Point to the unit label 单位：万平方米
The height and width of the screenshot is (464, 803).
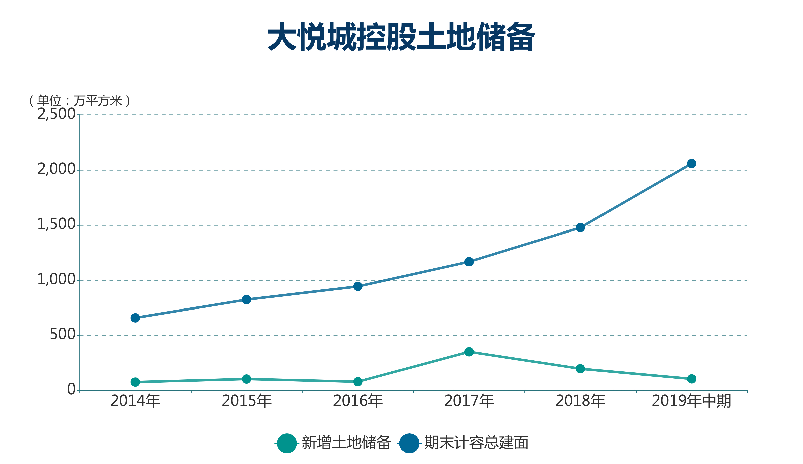(x=80, y=101)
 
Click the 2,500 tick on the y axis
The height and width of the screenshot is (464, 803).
(x=56, y=114)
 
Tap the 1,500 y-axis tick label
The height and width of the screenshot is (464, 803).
(x=56, y=224)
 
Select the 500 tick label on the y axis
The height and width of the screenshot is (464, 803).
(x=62, y=334)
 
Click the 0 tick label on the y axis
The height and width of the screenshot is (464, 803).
(x=71, y=389)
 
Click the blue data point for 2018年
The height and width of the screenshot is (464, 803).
(x=580, y=227)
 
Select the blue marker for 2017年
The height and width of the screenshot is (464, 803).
(x=469, y=262)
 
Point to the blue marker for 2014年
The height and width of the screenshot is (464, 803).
(x=135, y=318)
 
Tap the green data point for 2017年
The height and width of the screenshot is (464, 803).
(x=469, y=352)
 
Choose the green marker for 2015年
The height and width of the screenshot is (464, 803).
(x=246, y=379)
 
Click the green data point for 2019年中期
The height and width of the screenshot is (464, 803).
(x=692, y=379)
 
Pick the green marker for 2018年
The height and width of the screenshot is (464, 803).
(x=580, y=369)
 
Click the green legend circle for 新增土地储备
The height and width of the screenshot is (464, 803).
(x=287, y=443)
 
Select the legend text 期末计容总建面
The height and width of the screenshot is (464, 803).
(x=476, y=443)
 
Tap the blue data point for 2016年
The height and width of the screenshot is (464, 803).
(x=358, y=286)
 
